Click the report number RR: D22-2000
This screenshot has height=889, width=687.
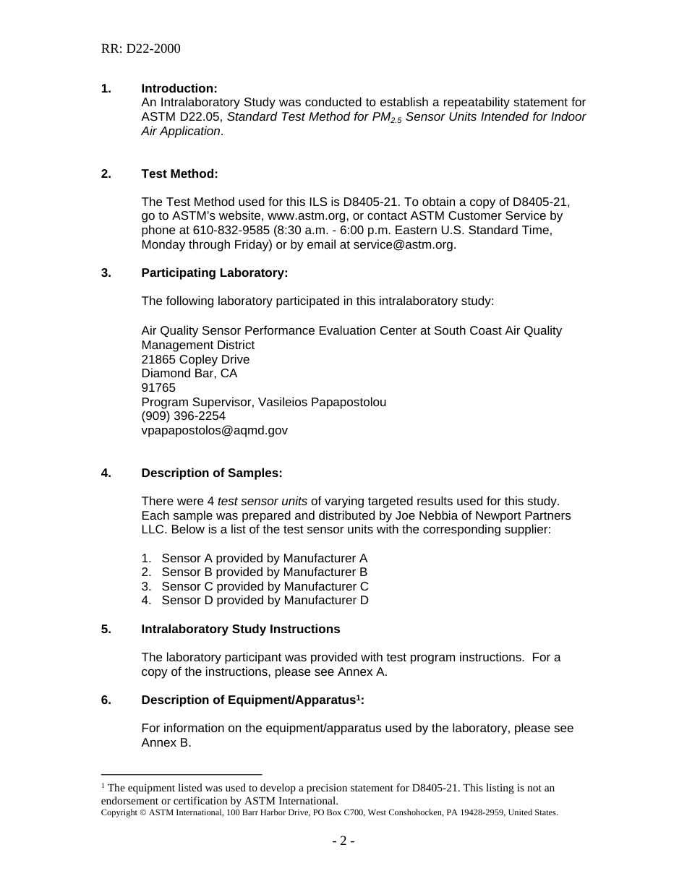click(140, 49)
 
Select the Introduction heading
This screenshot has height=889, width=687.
click(179, 88)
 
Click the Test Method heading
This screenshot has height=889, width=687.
click(179, 173)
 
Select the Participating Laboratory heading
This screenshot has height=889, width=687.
click(214, 272)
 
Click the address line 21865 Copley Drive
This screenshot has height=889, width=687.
click(195, 359)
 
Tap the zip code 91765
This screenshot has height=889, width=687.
click(158, 387)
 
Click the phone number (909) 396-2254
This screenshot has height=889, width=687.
click(183, 416)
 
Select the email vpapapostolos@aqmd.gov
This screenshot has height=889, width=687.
click(214, 430)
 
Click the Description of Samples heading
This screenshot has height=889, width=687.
click(211, 473)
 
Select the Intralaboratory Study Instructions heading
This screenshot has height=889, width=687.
click(240, 629)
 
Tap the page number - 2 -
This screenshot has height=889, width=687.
click(343, 841)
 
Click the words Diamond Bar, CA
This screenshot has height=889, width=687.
click(189, 374)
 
